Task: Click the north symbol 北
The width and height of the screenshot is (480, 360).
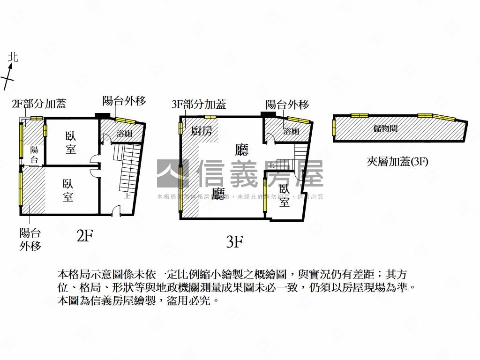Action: click(13, 57)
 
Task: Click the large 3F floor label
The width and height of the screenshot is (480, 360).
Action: click(234, 241)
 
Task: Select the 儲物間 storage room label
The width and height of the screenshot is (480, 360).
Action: click(385, 127)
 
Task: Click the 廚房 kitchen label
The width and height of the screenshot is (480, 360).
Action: click(202, 131)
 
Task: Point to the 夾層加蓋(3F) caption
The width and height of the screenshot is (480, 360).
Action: click(397, 162)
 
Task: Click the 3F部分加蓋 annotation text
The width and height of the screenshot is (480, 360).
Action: click(199, 104)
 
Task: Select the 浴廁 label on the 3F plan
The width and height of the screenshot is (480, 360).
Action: click(291, 131)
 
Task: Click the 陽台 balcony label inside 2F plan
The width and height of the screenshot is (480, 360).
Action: click(34, 155)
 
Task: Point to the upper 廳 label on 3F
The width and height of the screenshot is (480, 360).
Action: click(242, 150)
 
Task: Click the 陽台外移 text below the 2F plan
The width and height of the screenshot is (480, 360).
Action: click(30, 239)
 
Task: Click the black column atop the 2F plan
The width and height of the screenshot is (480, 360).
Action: click(102, 115)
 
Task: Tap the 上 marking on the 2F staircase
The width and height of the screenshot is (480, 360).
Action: click(127, 196)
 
